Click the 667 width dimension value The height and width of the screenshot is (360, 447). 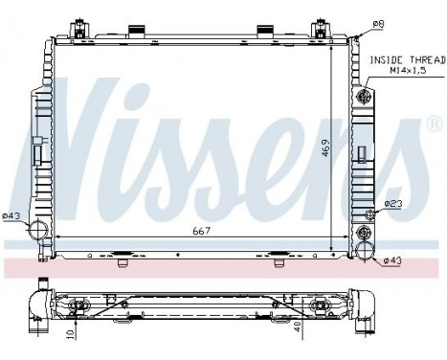point(201,230)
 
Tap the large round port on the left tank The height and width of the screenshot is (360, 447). point(37,230)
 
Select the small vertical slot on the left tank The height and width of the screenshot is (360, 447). point(38,154)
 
